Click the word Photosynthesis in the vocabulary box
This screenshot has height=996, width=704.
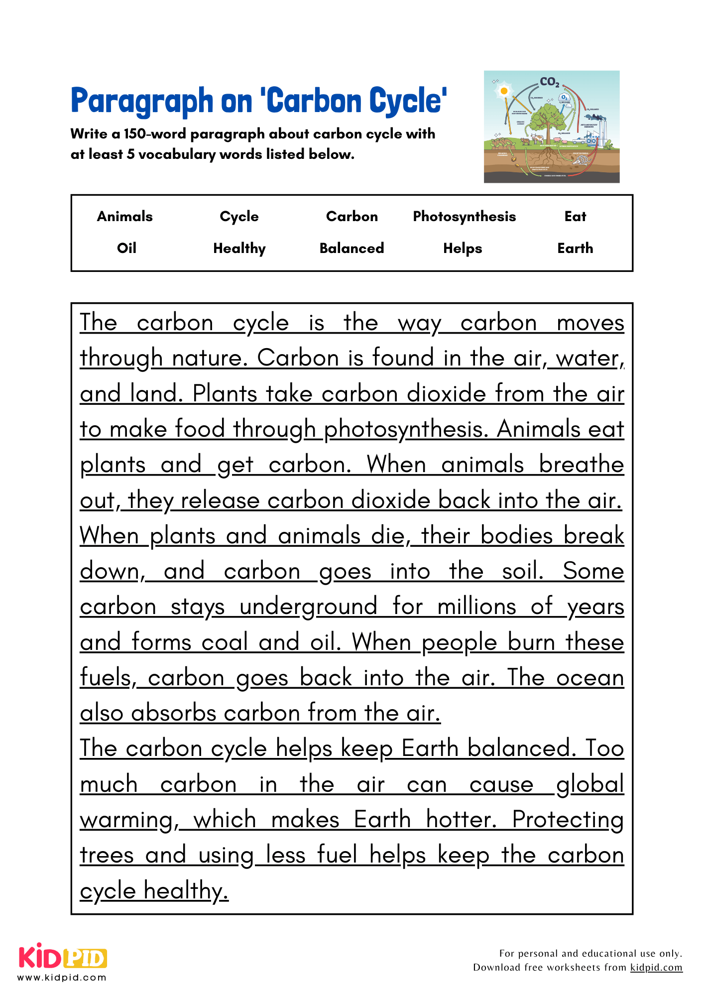point(464,217)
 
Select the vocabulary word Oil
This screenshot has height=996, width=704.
point(126,248)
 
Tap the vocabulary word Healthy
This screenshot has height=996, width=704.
point(239,248)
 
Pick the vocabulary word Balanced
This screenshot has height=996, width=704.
point(352,248)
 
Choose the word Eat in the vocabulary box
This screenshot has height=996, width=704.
point(575,217)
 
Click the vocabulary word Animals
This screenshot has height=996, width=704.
point(124,217)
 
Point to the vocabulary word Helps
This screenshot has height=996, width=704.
point(463,248)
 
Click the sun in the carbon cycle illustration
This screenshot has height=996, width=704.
point(504,91)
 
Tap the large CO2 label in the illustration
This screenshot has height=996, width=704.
point(550,82)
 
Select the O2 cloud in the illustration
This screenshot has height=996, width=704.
point(564,98)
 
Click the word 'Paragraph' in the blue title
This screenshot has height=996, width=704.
point(141,101)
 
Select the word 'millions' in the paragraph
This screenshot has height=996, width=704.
point(477,607)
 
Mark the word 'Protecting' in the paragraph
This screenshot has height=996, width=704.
point(568,820)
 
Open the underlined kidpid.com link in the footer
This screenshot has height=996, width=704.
point(656,968)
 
